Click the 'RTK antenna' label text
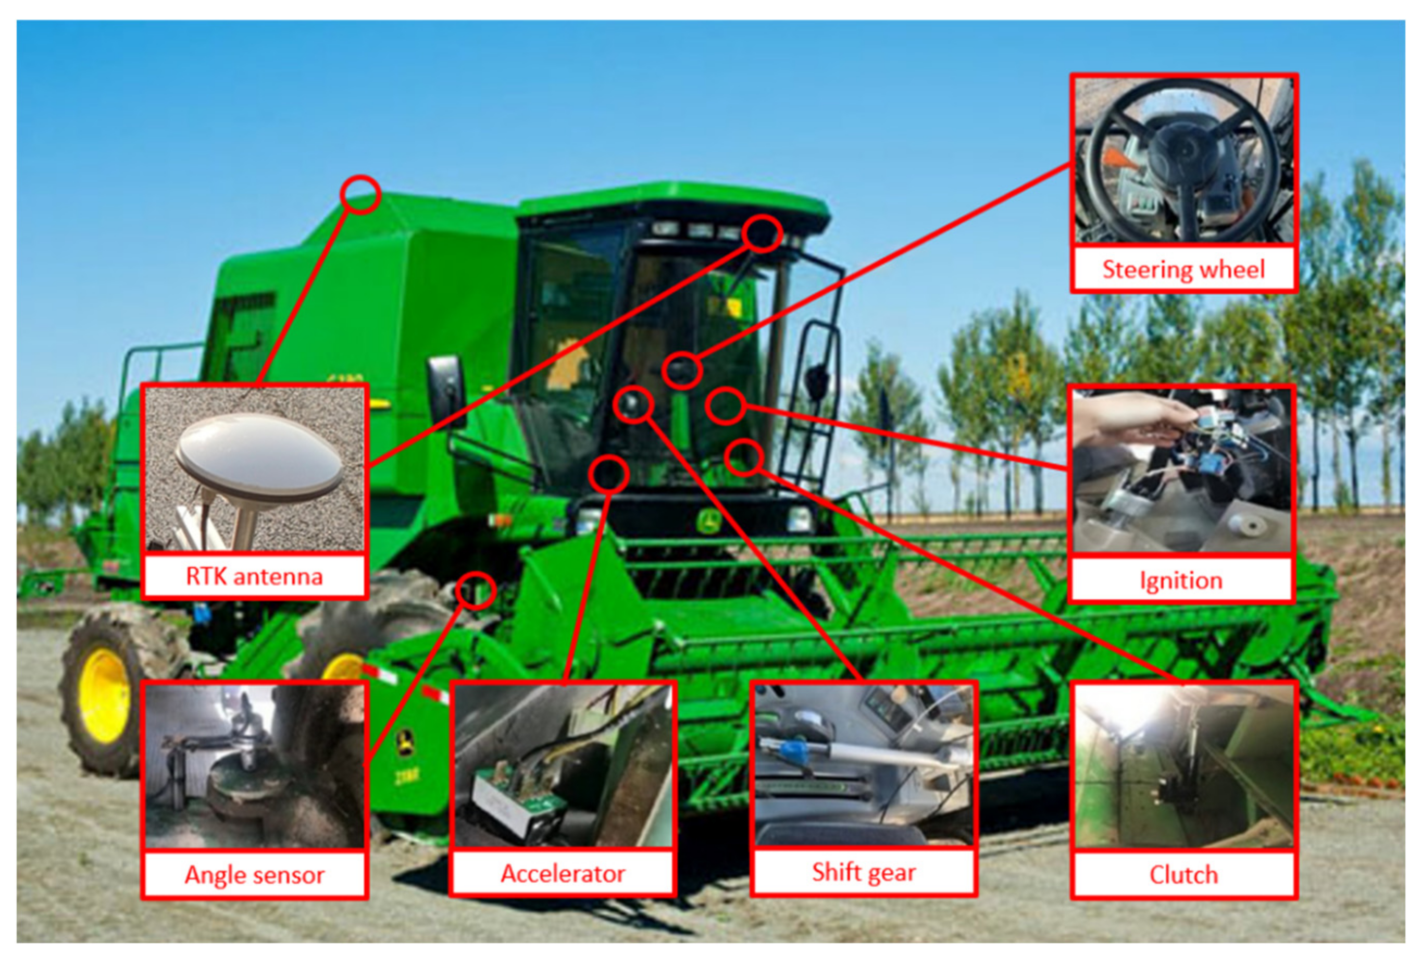pyautogui.click(x=254, y=576)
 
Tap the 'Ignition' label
pyautogui.click(x=1181, y=580)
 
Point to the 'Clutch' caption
pyautogui.click(x=1183, y=874)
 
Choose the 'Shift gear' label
pyautogui.click(x=863, y=873)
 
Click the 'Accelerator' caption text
pyautogui.click(x=563, y=873)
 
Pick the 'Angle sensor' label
pyautogui.click(x=254, y=875)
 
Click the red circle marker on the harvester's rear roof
pyautogui.click(x=361, y=195)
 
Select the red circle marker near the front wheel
pyautogui.click(x=476, y=591)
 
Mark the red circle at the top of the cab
pyautogui.click(x=763, y=233)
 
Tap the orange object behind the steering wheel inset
pyautogui.click(x=1118, y=160)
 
